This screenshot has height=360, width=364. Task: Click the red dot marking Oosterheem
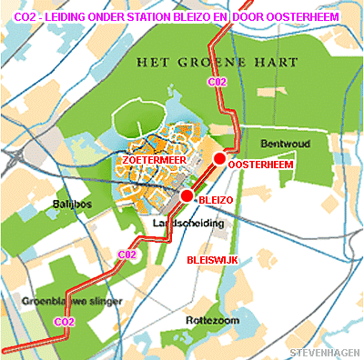[219, 159]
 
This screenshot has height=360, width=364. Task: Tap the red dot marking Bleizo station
[187, 195]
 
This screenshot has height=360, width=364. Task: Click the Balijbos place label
[72, 205]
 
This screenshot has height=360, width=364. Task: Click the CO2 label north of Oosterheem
[217, 83]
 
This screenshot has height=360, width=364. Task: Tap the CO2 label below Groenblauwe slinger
[64, 321]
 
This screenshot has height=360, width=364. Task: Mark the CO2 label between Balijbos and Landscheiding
[126, 255]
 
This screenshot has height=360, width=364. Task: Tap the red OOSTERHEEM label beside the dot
[258, 166]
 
